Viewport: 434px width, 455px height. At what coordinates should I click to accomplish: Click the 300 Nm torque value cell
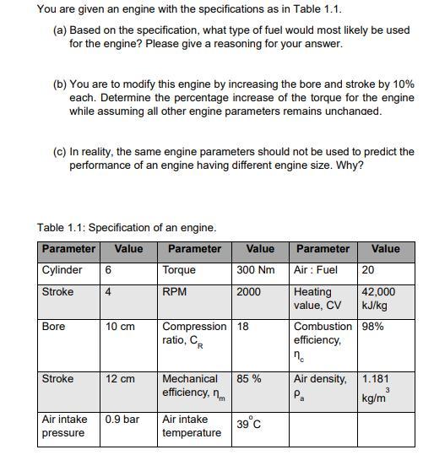(256, 270)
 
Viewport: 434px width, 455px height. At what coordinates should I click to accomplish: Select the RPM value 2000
(250, 292)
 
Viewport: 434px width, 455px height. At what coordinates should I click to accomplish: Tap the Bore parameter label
(54, 327)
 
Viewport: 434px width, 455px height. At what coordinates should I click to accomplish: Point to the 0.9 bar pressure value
(122, 418)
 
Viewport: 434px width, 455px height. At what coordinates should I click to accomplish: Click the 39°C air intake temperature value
(248, 423)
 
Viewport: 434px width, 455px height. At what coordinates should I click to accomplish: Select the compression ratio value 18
(243, 327)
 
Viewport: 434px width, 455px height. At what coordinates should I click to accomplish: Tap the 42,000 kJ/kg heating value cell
(377, 298)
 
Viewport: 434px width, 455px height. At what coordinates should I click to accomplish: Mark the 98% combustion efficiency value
(372, 327)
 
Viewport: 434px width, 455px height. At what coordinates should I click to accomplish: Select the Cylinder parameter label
(62, 270)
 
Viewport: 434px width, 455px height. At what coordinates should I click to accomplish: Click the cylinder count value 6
(109, 270)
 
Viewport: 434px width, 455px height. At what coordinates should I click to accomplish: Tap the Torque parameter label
(178, 270)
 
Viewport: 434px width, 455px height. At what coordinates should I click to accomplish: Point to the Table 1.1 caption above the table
(127, 227)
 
